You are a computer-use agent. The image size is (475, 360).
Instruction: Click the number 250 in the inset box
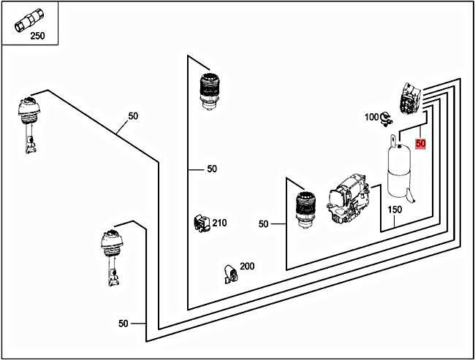coord(37,36)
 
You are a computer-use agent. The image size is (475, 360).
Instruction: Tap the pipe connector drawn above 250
coord(29,20)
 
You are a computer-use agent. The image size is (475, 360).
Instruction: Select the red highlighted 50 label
coord(420,143)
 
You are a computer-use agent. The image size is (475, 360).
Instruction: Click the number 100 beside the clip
coord(372,117)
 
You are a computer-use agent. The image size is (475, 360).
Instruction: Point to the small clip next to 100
coord(387,119)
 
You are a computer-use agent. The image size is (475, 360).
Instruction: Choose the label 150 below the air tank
coord(395,210)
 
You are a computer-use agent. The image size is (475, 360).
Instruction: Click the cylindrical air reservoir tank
coord(399,171)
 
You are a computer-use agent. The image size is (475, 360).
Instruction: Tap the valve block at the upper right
coord(411,99)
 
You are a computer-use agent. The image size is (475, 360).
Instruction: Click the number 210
coord(219,223)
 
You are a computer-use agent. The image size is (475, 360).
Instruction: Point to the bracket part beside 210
coord(202,223)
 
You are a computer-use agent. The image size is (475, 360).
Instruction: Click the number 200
coord(247,266)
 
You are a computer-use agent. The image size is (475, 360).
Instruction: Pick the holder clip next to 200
coord(230,275)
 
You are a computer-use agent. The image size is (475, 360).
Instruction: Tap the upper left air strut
coord(28,125)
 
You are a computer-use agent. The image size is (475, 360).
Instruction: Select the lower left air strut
coord(112,257)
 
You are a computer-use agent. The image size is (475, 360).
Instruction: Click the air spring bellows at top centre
coord(210,91)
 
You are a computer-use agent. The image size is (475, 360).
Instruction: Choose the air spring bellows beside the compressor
coord(305,210)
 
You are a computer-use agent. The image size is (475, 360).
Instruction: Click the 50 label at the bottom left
coord(123,323)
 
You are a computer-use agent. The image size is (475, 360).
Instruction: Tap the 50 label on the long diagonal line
coord(133,116)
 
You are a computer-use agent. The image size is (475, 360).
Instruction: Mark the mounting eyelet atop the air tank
coord(393,140)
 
